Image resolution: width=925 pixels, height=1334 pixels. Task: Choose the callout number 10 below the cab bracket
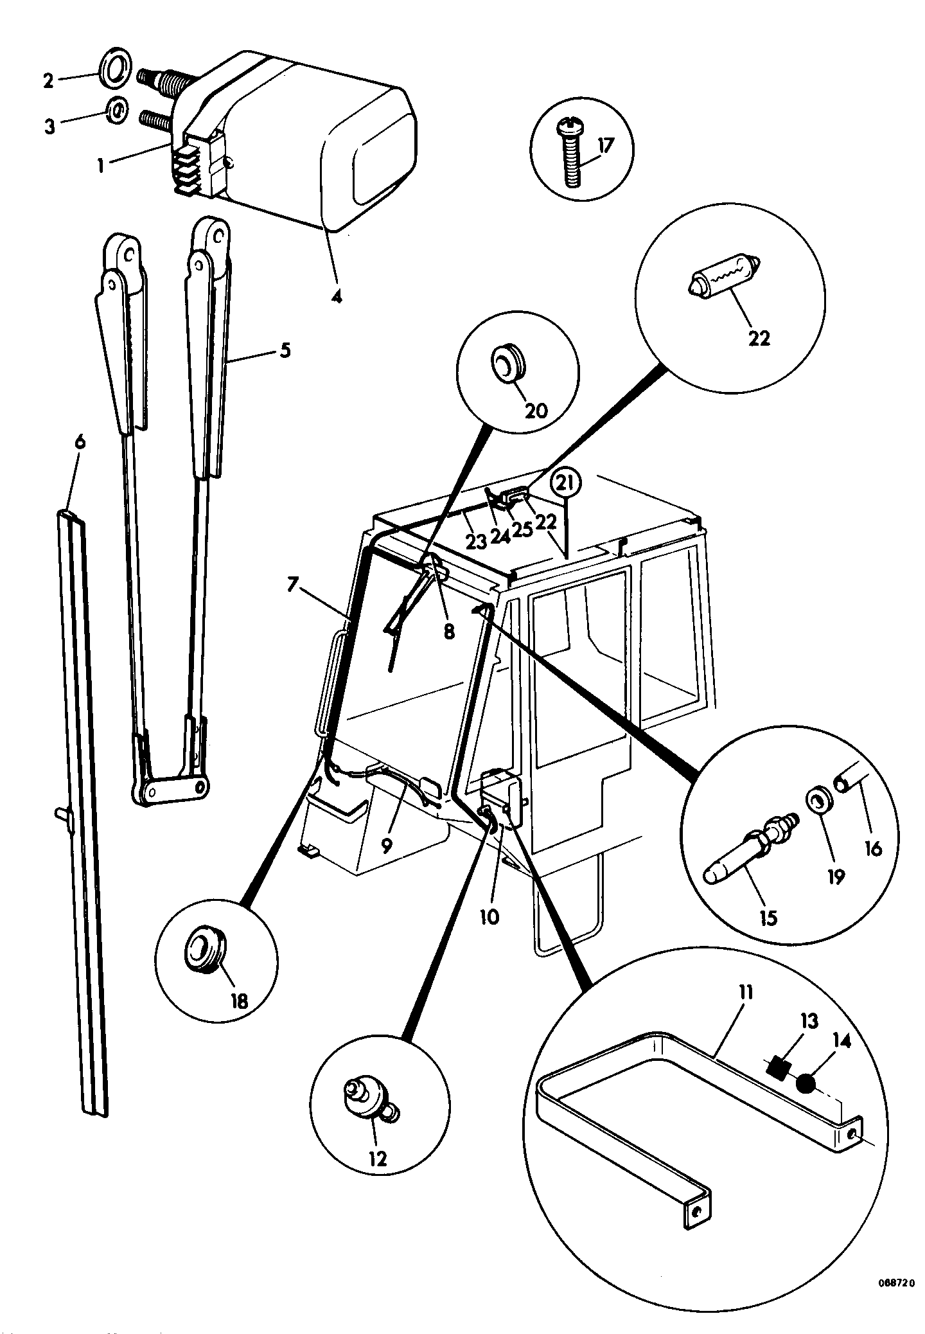489,916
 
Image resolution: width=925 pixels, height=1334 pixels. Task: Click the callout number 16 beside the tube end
872,849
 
